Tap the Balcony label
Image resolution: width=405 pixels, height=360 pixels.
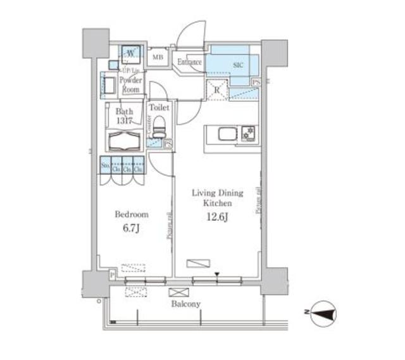point(186,304)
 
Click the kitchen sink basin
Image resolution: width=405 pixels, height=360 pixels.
point(227,134)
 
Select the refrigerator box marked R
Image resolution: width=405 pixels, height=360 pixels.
point(217,90)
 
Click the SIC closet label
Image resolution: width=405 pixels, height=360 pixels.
point(238,65)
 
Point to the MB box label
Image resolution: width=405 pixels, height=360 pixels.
point(159,59)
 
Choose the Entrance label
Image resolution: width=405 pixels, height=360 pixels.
point(189,62)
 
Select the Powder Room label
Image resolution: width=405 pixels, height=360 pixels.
point(132,85)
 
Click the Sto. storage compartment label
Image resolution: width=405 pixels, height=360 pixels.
point(105,167)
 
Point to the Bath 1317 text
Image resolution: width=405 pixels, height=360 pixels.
point(123,116)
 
